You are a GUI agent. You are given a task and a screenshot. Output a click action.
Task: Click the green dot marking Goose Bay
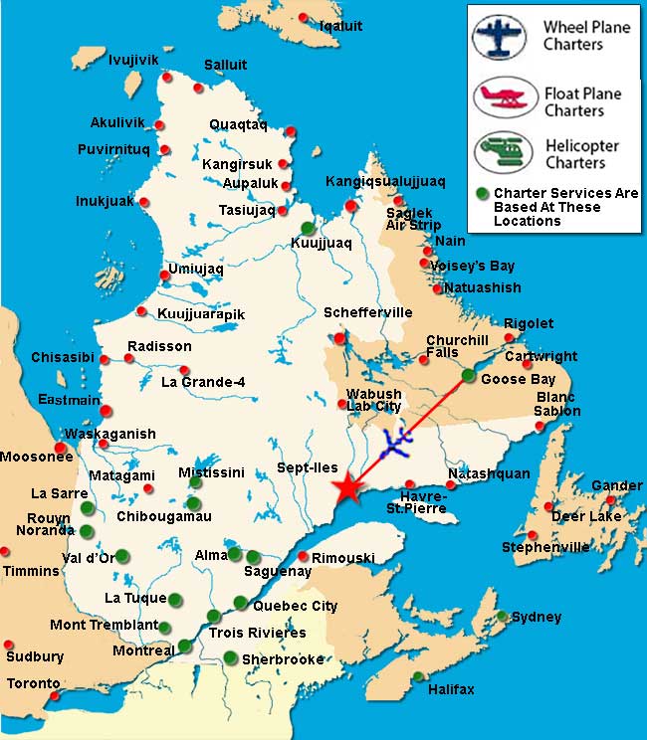469,376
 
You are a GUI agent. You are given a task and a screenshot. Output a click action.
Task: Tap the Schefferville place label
367,312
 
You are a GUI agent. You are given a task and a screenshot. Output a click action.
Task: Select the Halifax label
451,689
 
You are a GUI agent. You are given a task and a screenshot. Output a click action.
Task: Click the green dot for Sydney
503,616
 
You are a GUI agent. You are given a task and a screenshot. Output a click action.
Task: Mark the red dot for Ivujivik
167,77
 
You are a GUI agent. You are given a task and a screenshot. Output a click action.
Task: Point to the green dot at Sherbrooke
231,656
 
